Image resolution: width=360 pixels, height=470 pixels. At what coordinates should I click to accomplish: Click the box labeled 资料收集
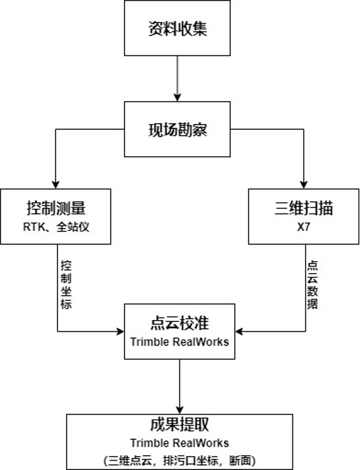click(x=177, y=28)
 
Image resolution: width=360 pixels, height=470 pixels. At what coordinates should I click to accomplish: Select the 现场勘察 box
click(x=177, y=129)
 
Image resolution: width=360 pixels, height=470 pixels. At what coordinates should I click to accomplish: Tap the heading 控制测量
click(x=56, y=208)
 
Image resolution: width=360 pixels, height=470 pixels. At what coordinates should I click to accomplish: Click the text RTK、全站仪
click(x=56, y=226)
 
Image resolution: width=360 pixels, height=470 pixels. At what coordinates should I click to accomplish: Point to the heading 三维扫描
click(x=304, y=208)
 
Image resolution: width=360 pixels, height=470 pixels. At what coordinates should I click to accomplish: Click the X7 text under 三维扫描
click(x=304, y=227)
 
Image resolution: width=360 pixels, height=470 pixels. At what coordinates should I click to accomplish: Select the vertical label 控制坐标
click(x=66, y=285)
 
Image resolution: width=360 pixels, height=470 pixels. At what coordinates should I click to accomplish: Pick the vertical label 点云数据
click(x=312, y=285)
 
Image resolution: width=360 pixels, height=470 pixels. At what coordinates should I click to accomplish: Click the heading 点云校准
click(x=180, y=323)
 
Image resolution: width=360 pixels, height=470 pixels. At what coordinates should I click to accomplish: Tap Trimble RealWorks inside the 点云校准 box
click(x=180, y=341)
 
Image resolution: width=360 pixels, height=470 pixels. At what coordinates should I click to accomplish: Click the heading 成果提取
click(x=180, y=424)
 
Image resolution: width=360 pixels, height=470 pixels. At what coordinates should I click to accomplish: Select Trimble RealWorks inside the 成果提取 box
click(x=180, y=443)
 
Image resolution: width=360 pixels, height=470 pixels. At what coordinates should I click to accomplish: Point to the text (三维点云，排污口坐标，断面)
click(x=180, y=460)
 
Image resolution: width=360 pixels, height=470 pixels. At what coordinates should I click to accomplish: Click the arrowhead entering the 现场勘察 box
click(x=177, y=98)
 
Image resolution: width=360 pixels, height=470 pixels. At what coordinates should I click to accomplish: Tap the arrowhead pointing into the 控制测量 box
click(x=56, y=185)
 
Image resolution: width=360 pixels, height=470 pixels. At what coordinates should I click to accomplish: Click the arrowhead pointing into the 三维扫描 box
click(x=304, y=185)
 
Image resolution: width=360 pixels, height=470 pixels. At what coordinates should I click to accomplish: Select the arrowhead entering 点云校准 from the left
click(x=120, y=331)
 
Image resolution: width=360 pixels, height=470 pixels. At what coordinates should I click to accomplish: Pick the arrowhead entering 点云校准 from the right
click(x=239, y=331)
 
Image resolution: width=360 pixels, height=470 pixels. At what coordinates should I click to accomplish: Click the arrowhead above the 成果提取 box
click(x=180, y=410)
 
